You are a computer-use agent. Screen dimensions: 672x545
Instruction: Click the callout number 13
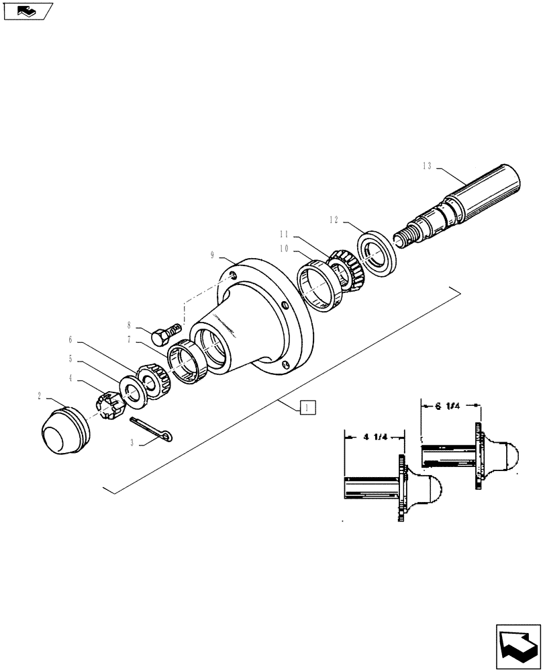click(x=428, y=165)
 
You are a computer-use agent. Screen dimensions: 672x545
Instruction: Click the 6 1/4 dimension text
click(x=448, y=406)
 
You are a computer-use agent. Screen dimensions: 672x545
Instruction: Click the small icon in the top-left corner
click(x=27, y=11)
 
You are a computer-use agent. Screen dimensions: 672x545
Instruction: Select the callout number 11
click(x=284, y=235)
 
